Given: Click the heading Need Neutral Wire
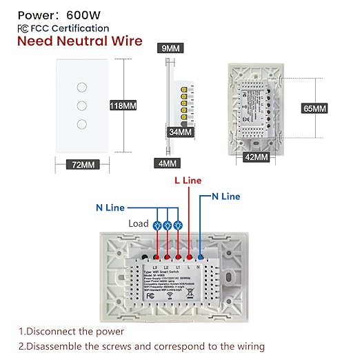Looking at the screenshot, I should [80, 41].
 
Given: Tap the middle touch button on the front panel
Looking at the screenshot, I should [81, 107].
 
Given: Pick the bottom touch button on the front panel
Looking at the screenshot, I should [81, 124].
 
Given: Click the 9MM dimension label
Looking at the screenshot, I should [170, 49].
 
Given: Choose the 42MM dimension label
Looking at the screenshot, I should [256, 158].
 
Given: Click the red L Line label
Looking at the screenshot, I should [188, 180].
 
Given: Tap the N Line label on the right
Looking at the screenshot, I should [226, 197].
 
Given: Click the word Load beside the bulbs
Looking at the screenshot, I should [139, 224].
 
